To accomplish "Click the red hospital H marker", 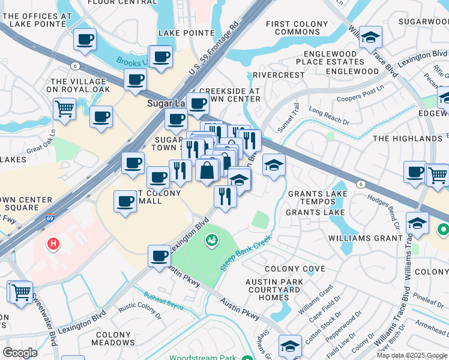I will coord(53,244).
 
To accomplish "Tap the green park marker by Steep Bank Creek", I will coord(212,241).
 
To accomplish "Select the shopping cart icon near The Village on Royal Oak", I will coord(64,109).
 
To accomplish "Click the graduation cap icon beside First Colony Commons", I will coord(370,38).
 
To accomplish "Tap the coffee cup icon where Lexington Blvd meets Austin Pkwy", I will coord(159,256).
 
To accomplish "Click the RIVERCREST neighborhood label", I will coord(279,75).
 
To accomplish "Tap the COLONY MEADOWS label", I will coord(115,339).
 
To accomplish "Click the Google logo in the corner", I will coord(20,352).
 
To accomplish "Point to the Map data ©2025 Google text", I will coord(412,355).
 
